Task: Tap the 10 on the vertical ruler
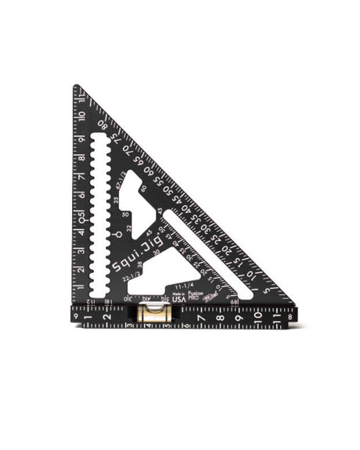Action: pyautogui.click(x=81, y=115)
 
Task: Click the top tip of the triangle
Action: pyautogui.click(x=76, y=87)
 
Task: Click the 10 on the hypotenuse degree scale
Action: pyautogui.click(x=253, y=275)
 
